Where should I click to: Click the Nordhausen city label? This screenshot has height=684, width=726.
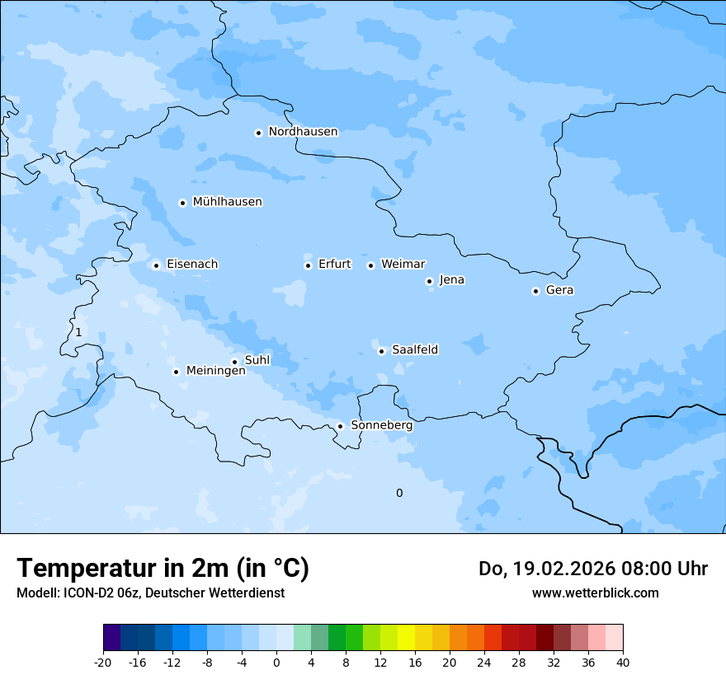click(x=303, y=132)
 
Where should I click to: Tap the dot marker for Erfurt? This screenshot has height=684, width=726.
click(x=308, y=265)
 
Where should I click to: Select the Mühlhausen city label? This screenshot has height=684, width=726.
click(x=227, y=202)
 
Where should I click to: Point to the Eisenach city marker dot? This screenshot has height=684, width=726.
click(x=156, y=265)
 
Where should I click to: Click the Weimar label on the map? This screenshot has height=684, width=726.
click(x=403, y=265)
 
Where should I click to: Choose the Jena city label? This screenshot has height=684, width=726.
click(x=451, y=280)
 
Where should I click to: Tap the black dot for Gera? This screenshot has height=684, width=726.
click(x=535, y=291)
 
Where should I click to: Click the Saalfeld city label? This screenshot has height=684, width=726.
click(x=414, y=350)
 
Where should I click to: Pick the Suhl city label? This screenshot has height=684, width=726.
click(x=257, y=360)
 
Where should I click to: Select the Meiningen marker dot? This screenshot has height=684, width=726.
click(x=176, y=372)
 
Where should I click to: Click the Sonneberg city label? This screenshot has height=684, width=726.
click(x=381, y=426)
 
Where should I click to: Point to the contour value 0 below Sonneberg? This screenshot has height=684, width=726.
click(x=399, y=494)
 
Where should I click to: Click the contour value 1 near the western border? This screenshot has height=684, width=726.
click(x=78, y=332)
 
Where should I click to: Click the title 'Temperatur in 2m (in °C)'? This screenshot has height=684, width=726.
click(x=163, y=569)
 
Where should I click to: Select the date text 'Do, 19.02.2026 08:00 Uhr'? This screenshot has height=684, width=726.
click(x=593, y=569)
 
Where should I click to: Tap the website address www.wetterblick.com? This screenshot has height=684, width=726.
click(x=595, y=593)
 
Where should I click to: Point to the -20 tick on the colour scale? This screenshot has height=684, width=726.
click(x=103, y=662)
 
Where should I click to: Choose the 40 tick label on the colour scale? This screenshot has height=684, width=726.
click(x=623, y=662)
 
